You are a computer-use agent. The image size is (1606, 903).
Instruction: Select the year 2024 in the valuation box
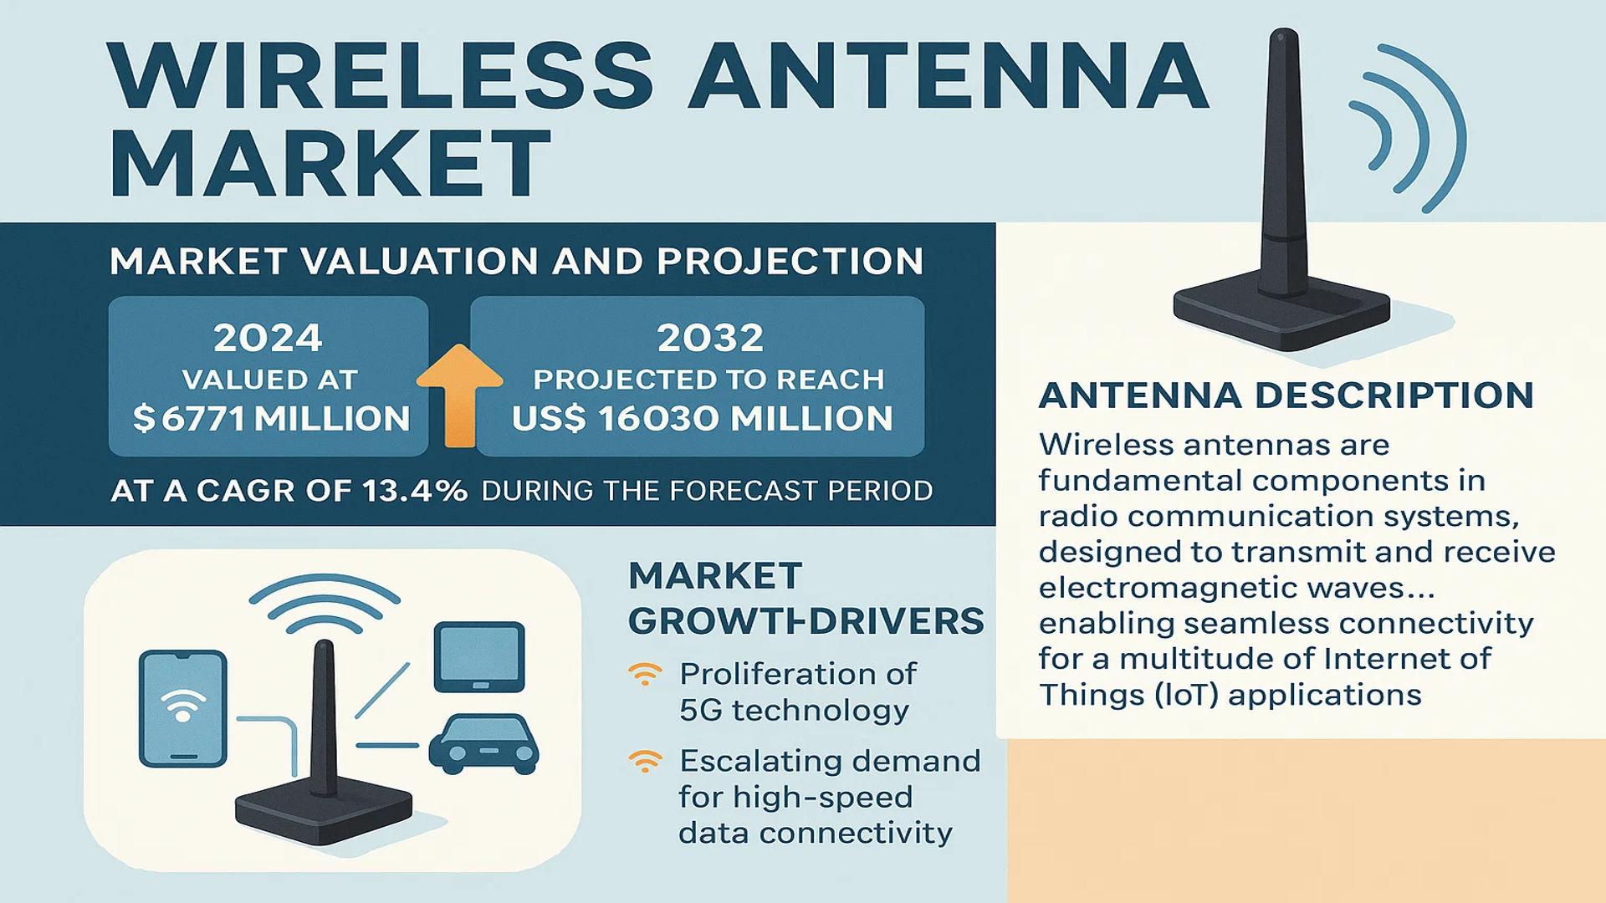point(268,338)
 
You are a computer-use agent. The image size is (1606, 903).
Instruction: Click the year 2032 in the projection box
point(710,338)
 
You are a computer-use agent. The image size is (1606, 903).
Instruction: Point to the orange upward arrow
point(459,395)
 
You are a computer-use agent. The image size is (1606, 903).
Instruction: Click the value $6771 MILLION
point(271,418)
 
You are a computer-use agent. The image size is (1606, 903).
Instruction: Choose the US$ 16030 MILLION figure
point(703,418)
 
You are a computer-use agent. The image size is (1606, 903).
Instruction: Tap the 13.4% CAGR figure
point(415,490)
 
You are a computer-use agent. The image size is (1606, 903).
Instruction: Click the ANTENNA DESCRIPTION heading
point(1286,395)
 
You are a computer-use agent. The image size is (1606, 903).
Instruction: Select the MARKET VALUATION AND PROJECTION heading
point(516,262)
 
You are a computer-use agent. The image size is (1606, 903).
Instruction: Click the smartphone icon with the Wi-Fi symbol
point(183,708)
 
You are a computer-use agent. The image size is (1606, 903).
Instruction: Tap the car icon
point(483,742)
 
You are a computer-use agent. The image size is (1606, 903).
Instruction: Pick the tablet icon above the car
point(479,656)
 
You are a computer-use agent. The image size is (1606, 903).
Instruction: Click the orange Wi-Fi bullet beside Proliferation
point(645,674)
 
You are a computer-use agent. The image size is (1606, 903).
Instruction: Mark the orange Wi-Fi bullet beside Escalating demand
point(645,761)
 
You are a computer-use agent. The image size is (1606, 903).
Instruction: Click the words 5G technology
point(794,710)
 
